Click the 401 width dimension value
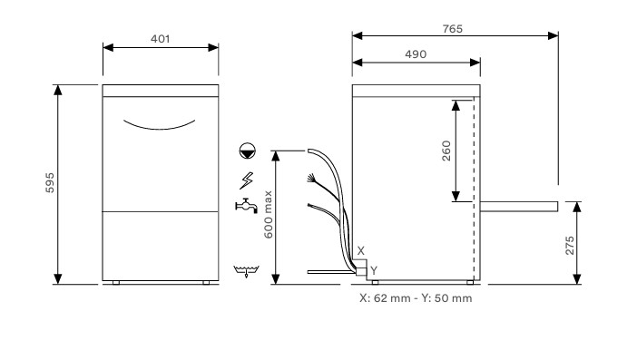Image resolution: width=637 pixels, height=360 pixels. coord(161,39)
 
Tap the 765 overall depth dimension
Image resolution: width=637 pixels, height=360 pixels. coord(454,29)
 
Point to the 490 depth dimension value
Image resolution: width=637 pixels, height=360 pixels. coord(416,54)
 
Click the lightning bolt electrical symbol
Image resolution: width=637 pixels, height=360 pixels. coord(244,179)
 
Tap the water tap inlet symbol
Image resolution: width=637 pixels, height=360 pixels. coord(243,206)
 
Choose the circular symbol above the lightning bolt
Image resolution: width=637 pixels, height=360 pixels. coord(244,151)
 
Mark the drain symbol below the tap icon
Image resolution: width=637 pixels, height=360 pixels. coord(242,270)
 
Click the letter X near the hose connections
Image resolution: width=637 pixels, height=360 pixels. coord(360,249)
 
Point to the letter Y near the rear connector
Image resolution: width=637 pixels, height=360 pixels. coord(372,269)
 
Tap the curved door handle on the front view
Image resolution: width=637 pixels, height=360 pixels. coord(161,124)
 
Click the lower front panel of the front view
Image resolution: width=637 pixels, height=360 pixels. coord(161,245)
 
